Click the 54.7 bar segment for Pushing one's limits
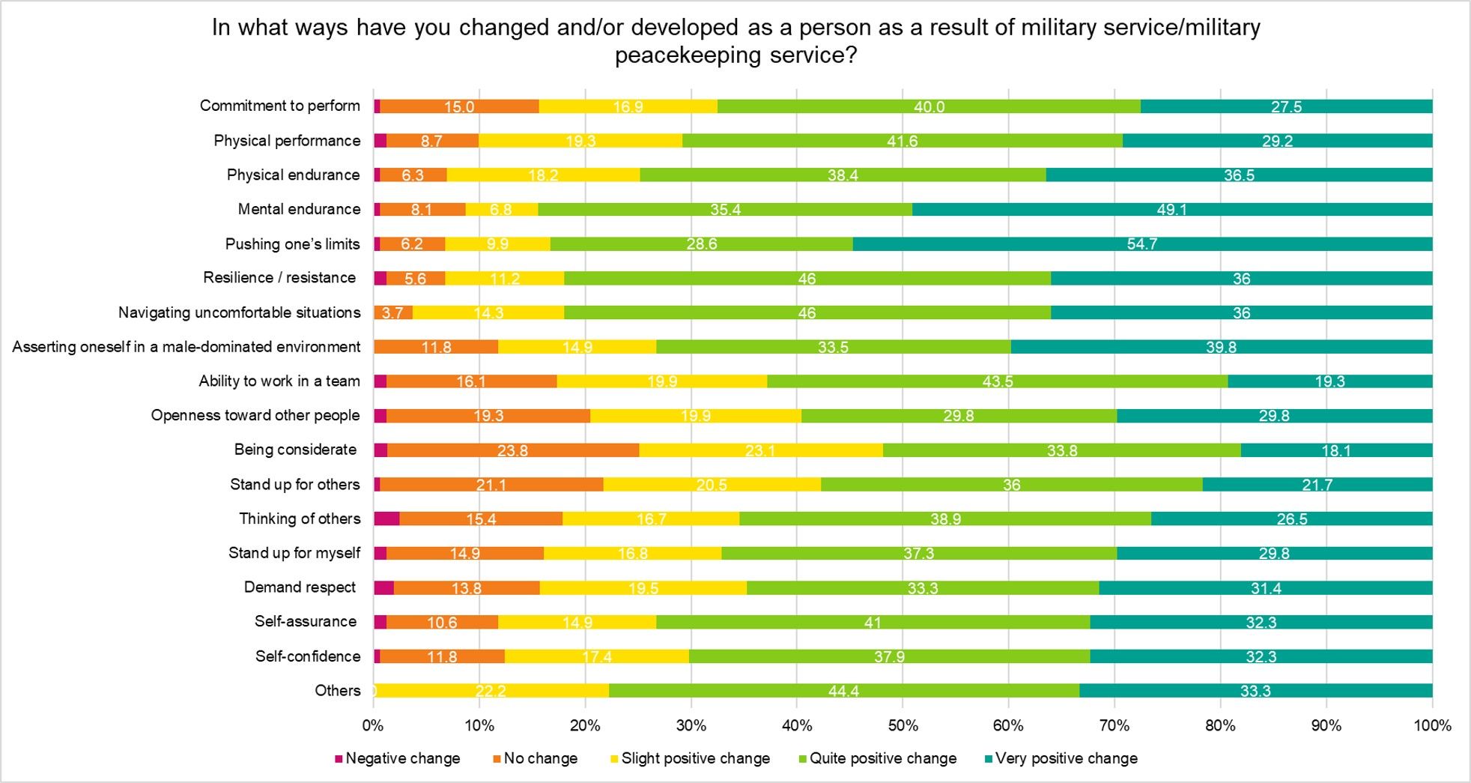click(x=1142, y=244)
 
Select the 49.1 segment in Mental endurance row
click(x=1172, y=209)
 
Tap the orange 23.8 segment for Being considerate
click(x=513, y=450)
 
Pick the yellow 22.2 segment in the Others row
click(x=491, y=691)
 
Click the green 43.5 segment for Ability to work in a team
click(x=998, y=381)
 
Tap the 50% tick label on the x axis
click(x=903, y=725)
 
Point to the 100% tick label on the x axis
click(x=1432, y=725)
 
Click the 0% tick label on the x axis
click(x=373, y=725)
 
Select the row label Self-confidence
click(x=308, y=656)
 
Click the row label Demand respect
click(x=300, y=587)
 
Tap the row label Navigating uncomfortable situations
click(x=239, y=312)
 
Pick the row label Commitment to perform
click(x=279, y=106)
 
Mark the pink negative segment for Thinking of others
click(x=387, y=519)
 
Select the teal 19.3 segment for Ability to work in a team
click(x=1330, y=381)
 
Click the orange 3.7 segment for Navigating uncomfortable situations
click(x=392, y=312)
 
